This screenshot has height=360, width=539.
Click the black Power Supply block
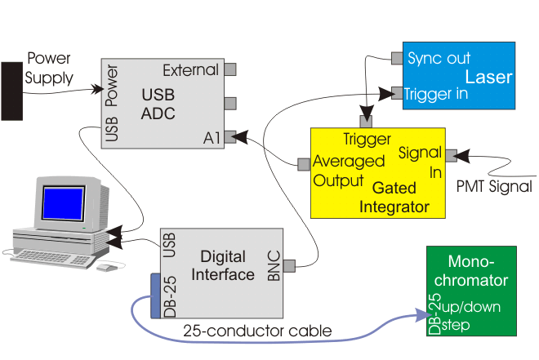[x=11, y=90]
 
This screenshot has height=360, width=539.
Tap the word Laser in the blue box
[x=488, y=78]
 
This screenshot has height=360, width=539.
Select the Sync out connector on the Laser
[x=397, y=58]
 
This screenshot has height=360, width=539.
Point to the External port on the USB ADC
[x=230, y=69]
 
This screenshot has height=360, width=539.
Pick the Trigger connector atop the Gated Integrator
[x=366, y=122]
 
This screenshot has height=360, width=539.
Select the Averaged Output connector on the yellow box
[x=304, y=164]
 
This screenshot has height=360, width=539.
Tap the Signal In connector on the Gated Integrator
[x=451, y=152]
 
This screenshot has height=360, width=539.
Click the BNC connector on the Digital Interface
[x=288, y=264]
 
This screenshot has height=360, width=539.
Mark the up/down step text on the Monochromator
[x=473, y=316]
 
